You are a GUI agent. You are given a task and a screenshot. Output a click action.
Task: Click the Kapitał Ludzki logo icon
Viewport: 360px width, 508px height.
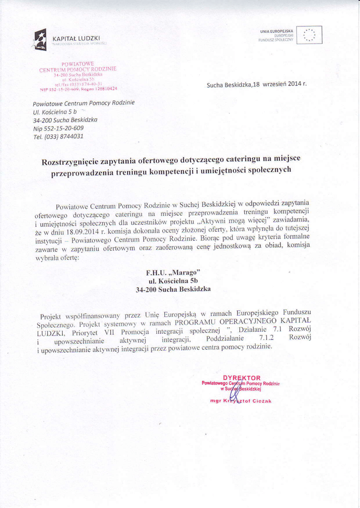tap(40, 39)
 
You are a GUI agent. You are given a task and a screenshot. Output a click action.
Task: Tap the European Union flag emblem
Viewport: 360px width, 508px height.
tap(309, 35)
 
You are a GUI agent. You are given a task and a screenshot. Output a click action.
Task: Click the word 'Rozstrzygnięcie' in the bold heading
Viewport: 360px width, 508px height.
tap(71, 162)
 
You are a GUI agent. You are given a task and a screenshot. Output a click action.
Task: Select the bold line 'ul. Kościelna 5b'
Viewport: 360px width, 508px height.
tap(170, 281)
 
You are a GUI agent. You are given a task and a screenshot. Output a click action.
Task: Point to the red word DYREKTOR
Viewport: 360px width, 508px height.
tap(242, 378)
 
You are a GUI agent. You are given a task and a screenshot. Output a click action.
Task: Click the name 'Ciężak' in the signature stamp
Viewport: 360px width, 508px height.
tap(263, 401)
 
